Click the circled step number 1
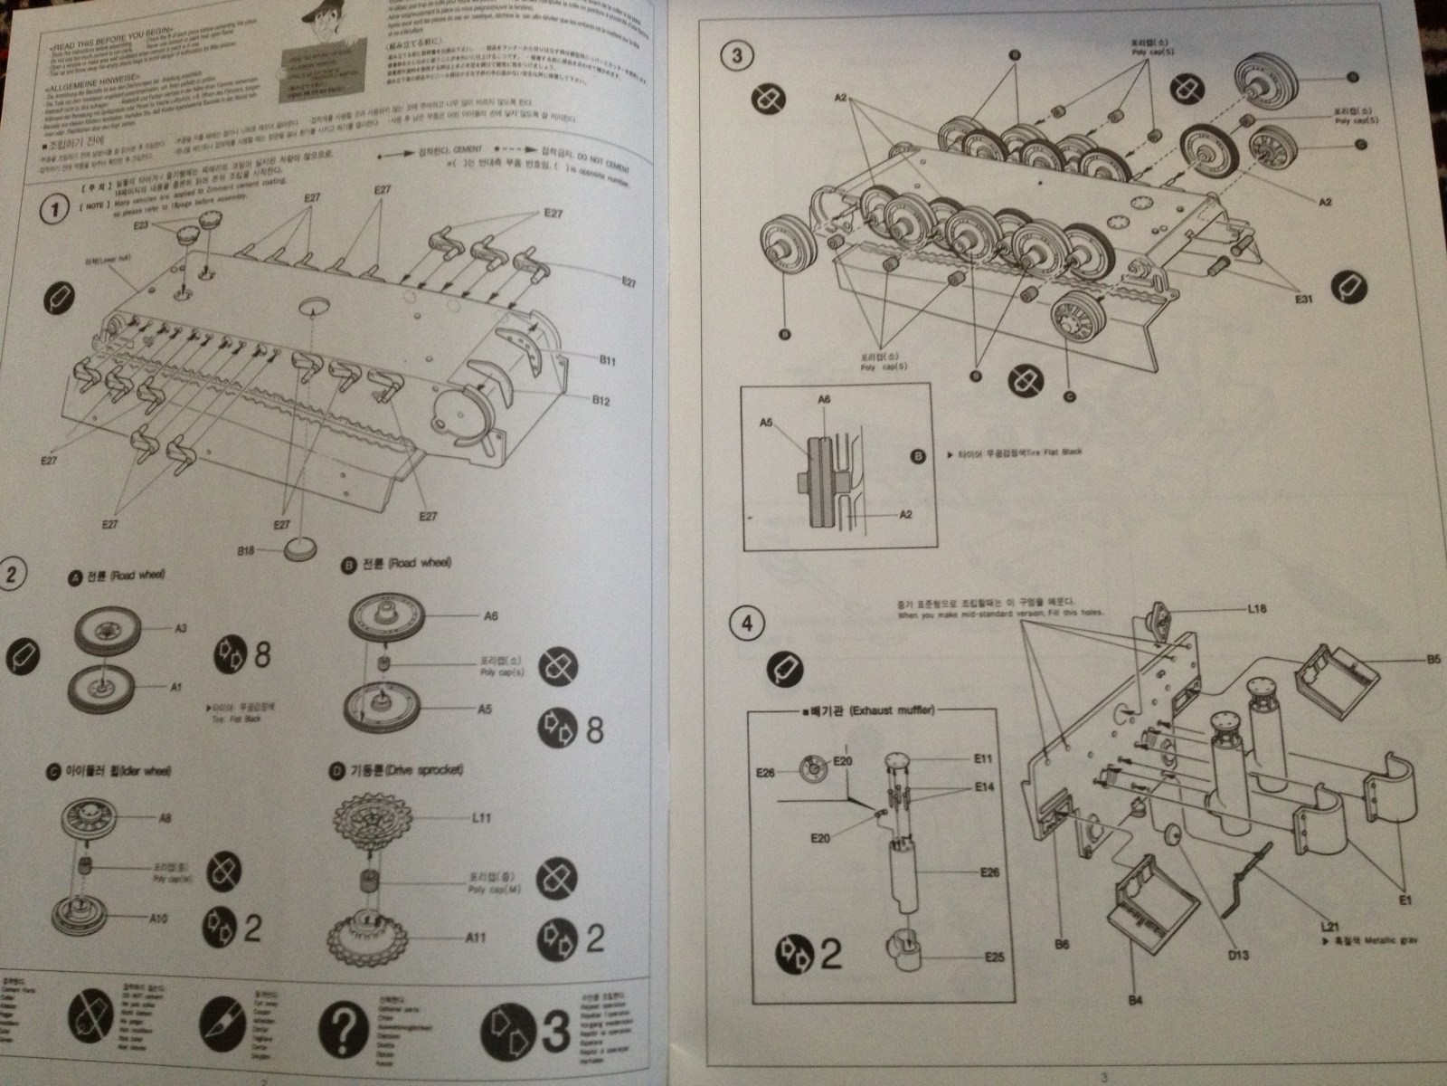pos(56,210)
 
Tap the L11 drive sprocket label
pos(482,818)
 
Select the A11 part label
pos(475,938)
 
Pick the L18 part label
pos(1256,610)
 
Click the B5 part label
pos(1433,660)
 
